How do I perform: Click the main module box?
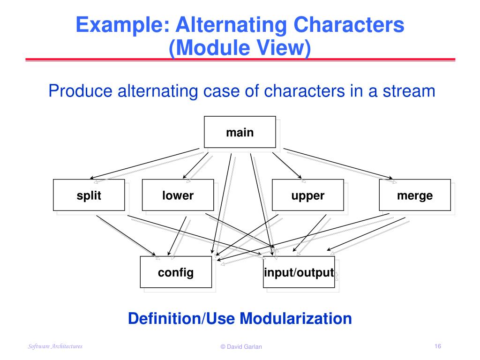pos(240,132)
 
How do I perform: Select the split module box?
pos(89,195)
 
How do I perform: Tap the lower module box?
pos(178,195)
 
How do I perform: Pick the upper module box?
pos(307,195)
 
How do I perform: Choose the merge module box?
pos(414,195)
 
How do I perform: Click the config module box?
pos(176,272)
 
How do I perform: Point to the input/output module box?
pos(299,272)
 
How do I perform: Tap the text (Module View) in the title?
pos(240,48)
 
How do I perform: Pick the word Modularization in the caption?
pos(296,318)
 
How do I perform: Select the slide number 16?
pos(438,346)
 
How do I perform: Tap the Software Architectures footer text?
pos(55,346)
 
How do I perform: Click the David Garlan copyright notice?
pos(241,347)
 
